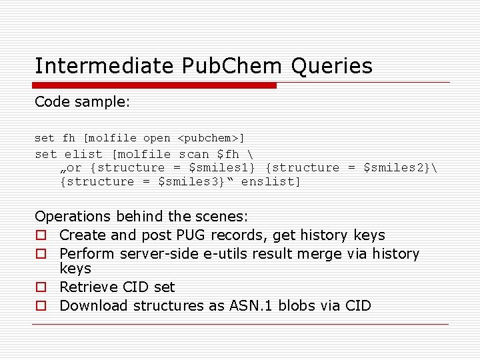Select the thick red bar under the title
[x=155, y=85]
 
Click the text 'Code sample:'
[x=74, y=102]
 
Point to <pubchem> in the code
[x=211, y=138]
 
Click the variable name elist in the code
[x=84, y=154]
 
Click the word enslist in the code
[x=271, y=181]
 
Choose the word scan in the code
[x=193, y=154]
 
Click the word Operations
[x=73, y=217]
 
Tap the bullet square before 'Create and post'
[x=41, y=235]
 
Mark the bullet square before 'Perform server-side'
[x=41, y=254]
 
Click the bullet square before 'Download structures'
[x=41, y=306]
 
